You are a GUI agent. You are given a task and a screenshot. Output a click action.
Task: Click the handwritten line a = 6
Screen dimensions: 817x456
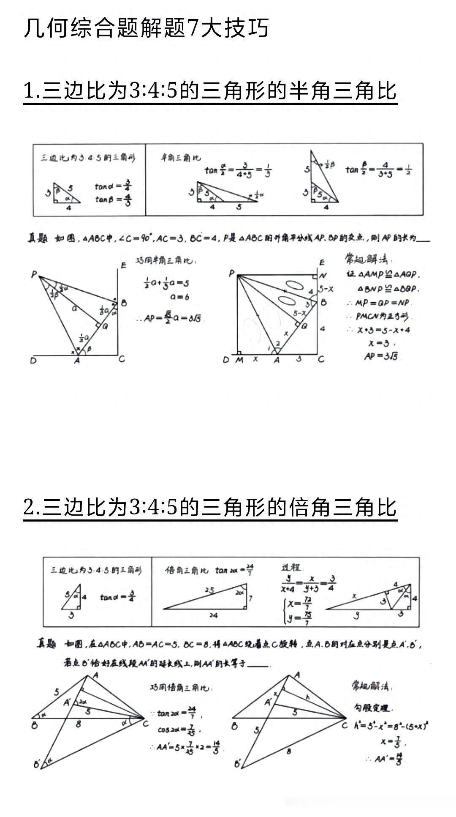(x=179, y=297)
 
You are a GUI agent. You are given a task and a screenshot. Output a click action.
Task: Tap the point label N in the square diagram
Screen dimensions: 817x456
(x=323, y=276)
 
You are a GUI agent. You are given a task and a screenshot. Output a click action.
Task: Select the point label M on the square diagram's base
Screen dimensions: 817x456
(x=239, y=360)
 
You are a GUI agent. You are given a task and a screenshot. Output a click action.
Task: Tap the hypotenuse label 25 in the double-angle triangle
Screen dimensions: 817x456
(x=209, y=590)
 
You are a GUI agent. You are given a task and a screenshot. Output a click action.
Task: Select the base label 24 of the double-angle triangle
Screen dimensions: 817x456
(x=213, y=615)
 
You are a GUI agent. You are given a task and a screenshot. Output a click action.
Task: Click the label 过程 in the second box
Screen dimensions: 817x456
(x=291, y=568)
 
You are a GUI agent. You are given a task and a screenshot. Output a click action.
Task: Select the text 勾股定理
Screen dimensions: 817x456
(x=371, y=708)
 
